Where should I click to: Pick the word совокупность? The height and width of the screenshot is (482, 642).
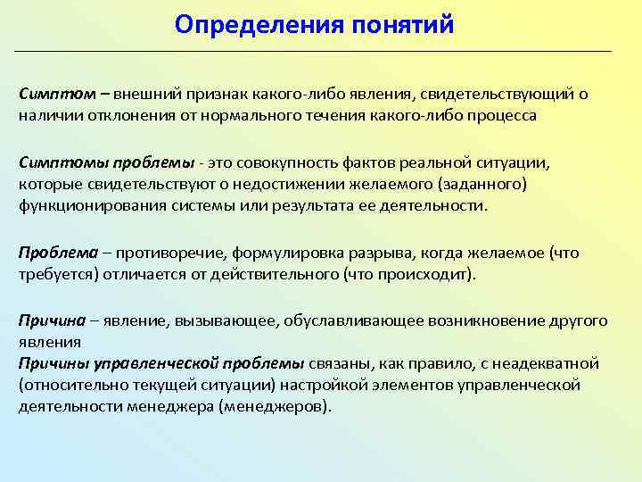(291, 162)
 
